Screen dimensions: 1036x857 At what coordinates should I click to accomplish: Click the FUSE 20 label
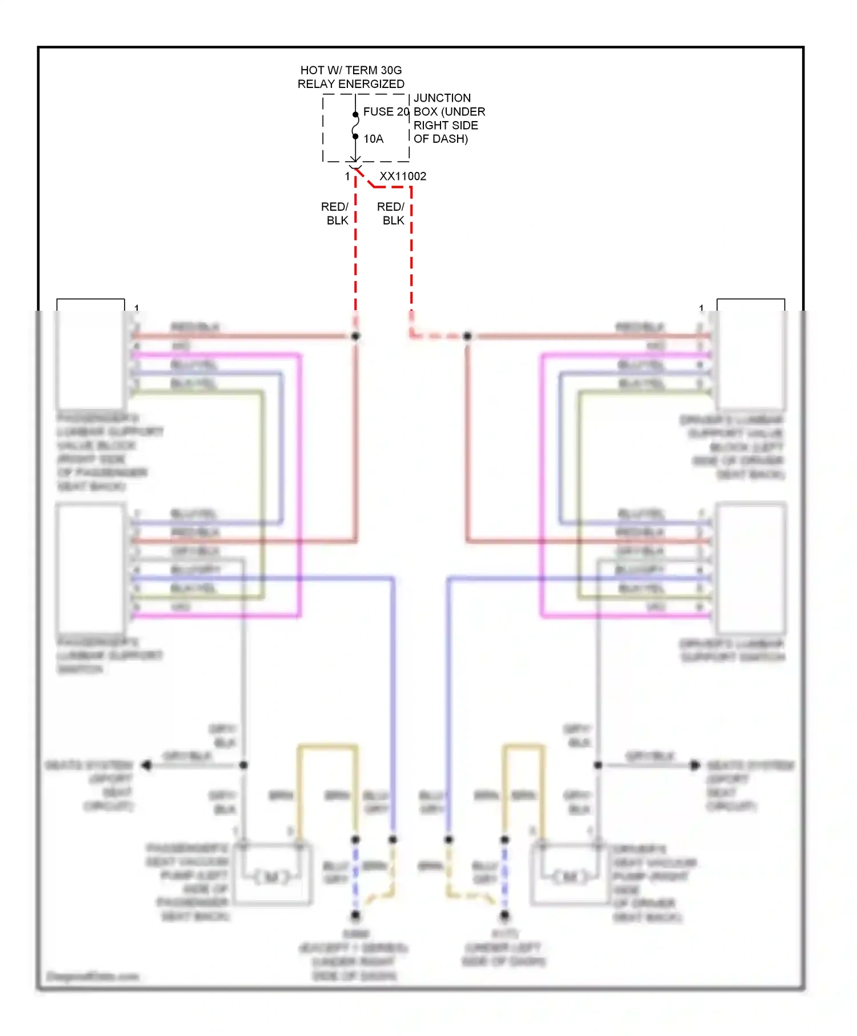point(386,112)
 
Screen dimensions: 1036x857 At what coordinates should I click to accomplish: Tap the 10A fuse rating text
point(374,139)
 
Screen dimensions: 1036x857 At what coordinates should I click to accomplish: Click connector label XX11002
point(403,176)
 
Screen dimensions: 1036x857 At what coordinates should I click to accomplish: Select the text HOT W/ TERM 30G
point(351,70)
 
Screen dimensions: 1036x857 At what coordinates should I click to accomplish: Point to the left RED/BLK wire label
point(336,214)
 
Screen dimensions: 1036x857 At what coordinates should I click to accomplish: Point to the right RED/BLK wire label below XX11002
point(391,214)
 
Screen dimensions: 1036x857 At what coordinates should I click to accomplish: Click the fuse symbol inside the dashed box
point(355,126)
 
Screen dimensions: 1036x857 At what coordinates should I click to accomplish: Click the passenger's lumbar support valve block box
point(91,354)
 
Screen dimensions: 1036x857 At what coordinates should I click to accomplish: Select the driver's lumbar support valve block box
point(751,354)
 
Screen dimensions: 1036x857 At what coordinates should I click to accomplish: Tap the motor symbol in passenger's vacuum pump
point(272,877)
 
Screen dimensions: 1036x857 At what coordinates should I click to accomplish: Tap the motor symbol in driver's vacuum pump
point(571,877)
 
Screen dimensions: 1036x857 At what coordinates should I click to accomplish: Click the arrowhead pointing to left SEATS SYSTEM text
point(146,765)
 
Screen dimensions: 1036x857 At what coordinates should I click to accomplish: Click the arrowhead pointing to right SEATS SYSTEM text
point(695,765)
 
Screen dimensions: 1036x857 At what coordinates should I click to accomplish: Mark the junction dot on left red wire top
point(355,336)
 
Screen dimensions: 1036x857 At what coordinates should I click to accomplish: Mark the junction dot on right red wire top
point(467,336)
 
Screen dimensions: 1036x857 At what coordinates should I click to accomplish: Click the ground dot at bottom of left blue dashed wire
point(355,915)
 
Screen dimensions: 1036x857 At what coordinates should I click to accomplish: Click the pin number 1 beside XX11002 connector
point(347,176)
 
